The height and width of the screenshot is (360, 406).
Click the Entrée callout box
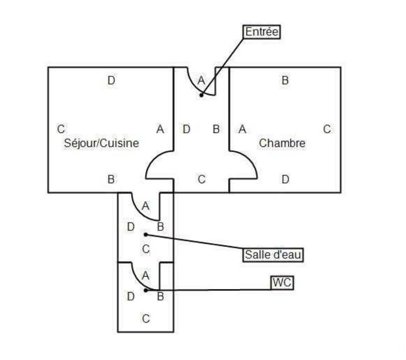[x=262, y=32]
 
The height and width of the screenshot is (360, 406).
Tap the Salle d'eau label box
[x=273, y=255]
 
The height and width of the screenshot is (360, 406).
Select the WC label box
[x=282, y=282]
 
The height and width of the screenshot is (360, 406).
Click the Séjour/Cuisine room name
[x=101, y=143]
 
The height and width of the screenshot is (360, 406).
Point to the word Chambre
[x=282, y=143]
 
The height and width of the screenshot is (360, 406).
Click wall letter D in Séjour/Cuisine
[x=111, y=80]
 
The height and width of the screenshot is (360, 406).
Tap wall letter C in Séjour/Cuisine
[x=61, y=129]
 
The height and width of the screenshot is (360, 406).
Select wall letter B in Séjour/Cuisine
[x=111, y=179]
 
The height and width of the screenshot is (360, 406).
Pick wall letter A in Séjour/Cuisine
[x=160, y=129]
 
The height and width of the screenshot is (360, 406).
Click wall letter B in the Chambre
[x=285, y=80]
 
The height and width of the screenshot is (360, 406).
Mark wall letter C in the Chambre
[x=327, y=129]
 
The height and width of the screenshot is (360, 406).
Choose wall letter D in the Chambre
[x=285, y=179]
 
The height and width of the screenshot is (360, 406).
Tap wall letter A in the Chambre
[x=242, y=129]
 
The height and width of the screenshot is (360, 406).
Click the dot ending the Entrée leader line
[x=201, y=95]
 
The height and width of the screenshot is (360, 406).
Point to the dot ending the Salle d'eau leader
[x=146, y=234]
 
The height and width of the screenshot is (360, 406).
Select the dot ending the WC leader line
[x=146, y=290]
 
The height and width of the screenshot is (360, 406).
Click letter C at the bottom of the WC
[x=146, y=319]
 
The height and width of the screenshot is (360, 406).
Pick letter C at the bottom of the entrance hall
[x=202, y=179]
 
